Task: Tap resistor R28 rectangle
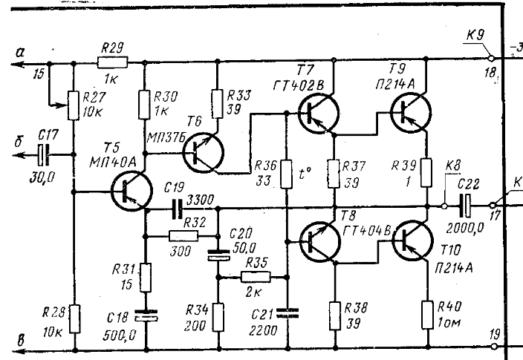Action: (74, 321)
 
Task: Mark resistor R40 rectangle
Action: (428, 312)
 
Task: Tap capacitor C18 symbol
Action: (146, 317)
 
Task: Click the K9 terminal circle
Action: (492, 57)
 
